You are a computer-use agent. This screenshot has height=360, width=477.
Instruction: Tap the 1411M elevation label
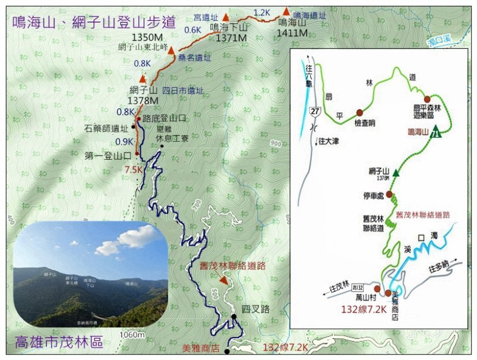pyautogui.click(x=292, y=32)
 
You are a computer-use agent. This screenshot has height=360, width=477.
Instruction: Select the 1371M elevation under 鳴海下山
pyautogui.click(x=231, y=38)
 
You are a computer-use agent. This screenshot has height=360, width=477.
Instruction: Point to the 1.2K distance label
pyautogui.click(x=262, y=13)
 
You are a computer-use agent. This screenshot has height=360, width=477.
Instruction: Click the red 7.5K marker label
pyautogui.click(x=134, y=170)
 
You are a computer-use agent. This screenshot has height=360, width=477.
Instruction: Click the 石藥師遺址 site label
pyautogui.click(x=106, y=128)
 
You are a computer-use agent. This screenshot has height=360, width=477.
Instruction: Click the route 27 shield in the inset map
pyautogui.click(x=315, y=111)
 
